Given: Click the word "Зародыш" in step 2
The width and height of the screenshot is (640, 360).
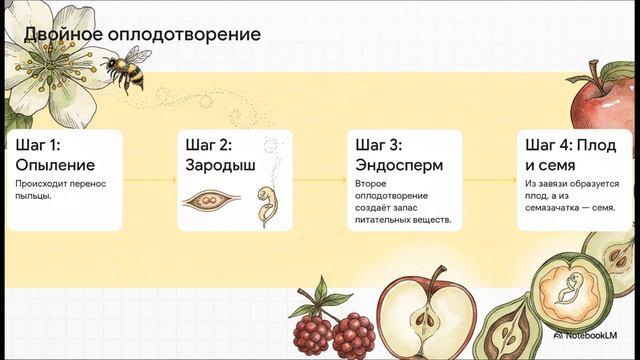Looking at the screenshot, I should (x=217, y=164).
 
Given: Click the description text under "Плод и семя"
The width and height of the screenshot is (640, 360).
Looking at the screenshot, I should (x=569, y=196).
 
